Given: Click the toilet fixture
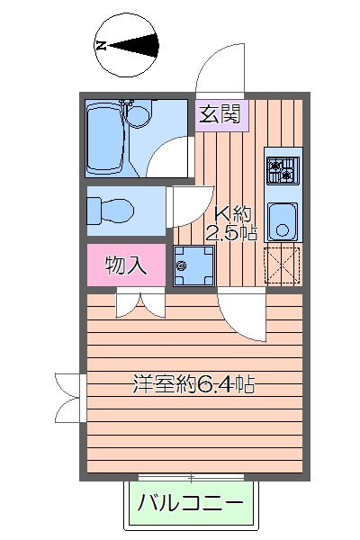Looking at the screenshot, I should [112, 212].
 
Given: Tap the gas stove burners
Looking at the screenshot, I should [283, 168].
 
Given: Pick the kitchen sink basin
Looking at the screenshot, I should [283, 220].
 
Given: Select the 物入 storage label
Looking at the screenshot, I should [125, 265].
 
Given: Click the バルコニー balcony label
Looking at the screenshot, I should [190, 505].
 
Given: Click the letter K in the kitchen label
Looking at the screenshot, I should [220, 214].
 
